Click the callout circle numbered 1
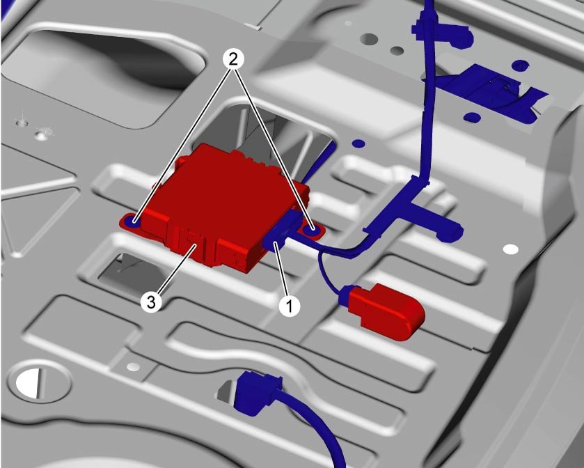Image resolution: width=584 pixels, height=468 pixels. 290,306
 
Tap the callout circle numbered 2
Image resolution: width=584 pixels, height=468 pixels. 233,60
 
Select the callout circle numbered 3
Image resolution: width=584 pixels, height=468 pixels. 151,302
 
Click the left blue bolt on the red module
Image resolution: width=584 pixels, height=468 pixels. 132,222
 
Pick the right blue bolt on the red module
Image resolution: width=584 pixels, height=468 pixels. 310,231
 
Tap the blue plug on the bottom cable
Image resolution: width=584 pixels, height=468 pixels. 257,392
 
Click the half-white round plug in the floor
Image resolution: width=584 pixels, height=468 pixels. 29,383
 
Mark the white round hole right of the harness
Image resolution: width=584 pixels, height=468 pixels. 511,249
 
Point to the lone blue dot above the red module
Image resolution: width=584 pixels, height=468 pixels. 358,143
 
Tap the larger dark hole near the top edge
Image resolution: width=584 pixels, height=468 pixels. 369,39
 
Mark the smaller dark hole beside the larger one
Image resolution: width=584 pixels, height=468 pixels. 397,50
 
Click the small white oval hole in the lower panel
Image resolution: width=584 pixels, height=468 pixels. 133,367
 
